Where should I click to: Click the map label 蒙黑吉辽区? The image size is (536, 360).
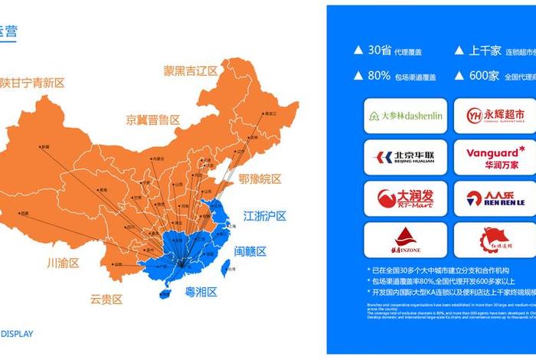[x=191, y=71]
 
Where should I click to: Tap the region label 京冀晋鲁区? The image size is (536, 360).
[x=153, y=119]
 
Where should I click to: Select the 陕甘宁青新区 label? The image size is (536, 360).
[x=33, y=82]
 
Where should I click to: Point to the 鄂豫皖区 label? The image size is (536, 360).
[x=260, y=179]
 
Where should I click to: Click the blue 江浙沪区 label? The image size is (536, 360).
[x=264, y=215]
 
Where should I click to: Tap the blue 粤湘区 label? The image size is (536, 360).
[x=197, y=292]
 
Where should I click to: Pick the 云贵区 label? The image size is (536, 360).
[x=106, y=299]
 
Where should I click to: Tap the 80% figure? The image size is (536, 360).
[x=380, y=76]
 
